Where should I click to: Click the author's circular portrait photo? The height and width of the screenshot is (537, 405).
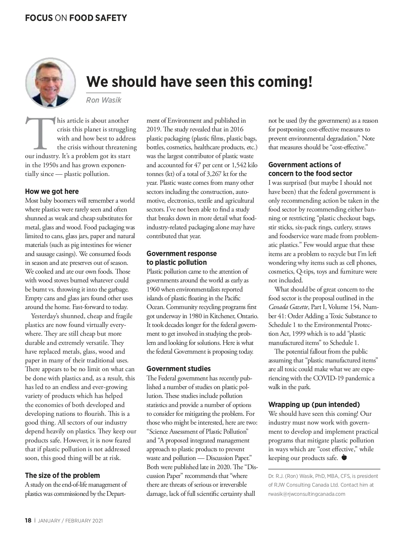point(51,83)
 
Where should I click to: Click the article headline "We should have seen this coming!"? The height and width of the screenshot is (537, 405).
point(199,81)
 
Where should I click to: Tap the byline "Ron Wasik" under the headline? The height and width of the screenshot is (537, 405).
point(103,100)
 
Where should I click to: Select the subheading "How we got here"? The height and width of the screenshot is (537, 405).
point(52,191)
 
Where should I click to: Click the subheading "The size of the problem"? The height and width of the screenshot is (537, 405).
point(62,476)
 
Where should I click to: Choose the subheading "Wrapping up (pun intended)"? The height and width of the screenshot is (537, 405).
point(314,404)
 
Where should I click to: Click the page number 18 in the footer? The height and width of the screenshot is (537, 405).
point(28,520)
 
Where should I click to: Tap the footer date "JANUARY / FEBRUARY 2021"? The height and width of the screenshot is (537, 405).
point(71,521)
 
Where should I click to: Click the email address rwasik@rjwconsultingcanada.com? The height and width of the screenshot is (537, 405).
point(307,494)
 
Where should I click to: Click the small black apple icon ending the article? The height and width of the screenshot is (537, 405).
point(344,458)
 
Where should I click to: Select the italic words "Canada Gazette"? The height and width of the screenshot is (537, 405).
point(288,307)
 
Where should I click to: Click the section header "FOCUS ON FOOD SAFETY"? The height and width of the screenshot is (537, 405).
point(76,18)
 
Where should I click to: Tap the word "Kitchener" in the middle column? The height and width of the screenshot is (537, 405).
point(221,316)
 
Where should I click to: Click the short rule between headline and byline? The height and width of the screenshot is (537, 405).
point(103,93)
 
